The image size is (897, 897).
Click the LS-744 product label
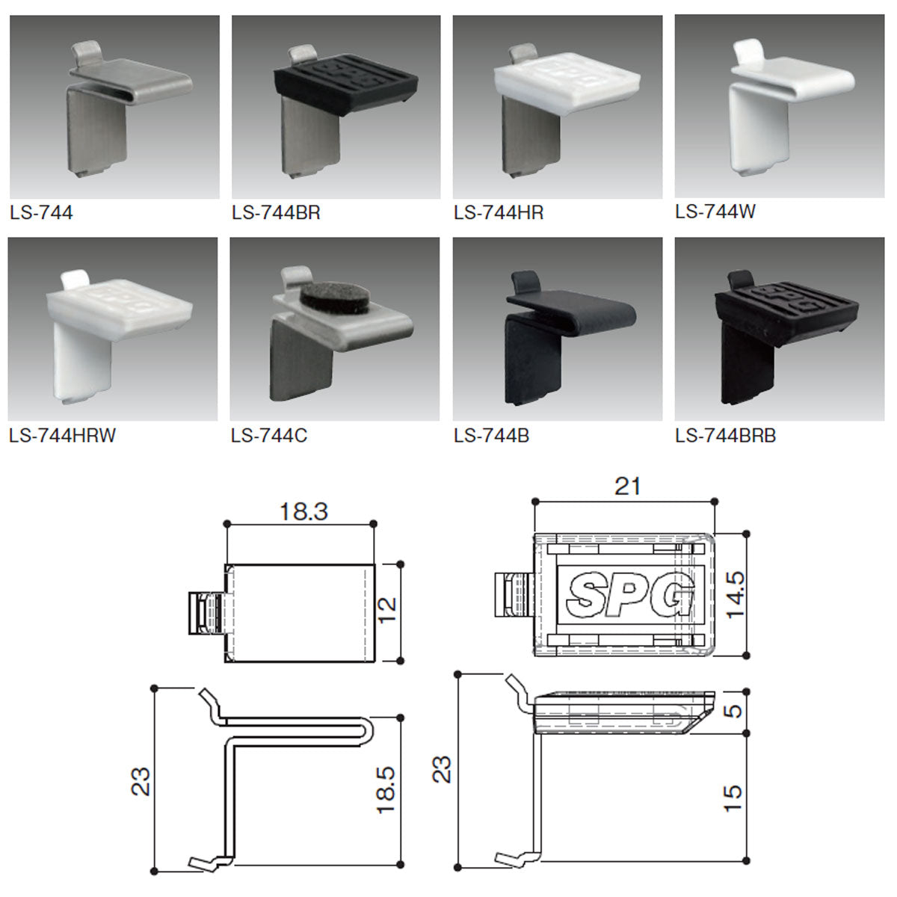(x=41, y=213)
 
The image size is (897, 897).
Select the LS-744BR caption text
(x=276, y=213)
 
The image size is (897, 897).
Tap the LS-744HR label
(x=499, y=213)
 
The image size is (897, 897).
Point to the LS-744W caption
(x=715, y=212)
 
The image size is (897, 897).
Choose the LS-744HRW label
(x=62, y=435)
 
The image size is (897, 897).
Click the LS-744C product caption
(x=269, y=435)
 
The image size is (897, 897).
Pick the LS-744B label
(x=492, y=435)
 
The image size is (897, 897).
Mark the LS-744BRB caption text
(x=726, y=435)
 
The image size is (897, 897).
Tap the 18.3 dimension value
(x=304, y=511)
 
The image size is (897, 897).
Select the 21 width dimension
(x=627, y=487)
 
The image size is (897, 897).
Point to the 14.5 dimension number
(x=736, y=595)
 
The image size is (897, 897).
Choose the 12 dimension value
(x=387, y=610)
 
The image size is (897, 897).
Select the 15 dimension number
(x=733, y=799)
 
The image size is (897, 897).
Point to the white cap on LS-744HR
(x=567, y=82)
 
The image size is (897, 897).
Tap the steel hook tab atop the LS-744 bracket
(x=87, y=54)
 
